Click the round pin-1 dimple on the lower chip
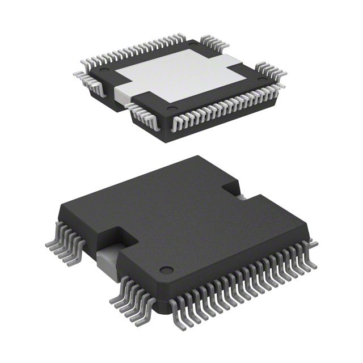coord(164,270)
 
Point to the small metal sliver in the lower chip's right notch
coord(242,196)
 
